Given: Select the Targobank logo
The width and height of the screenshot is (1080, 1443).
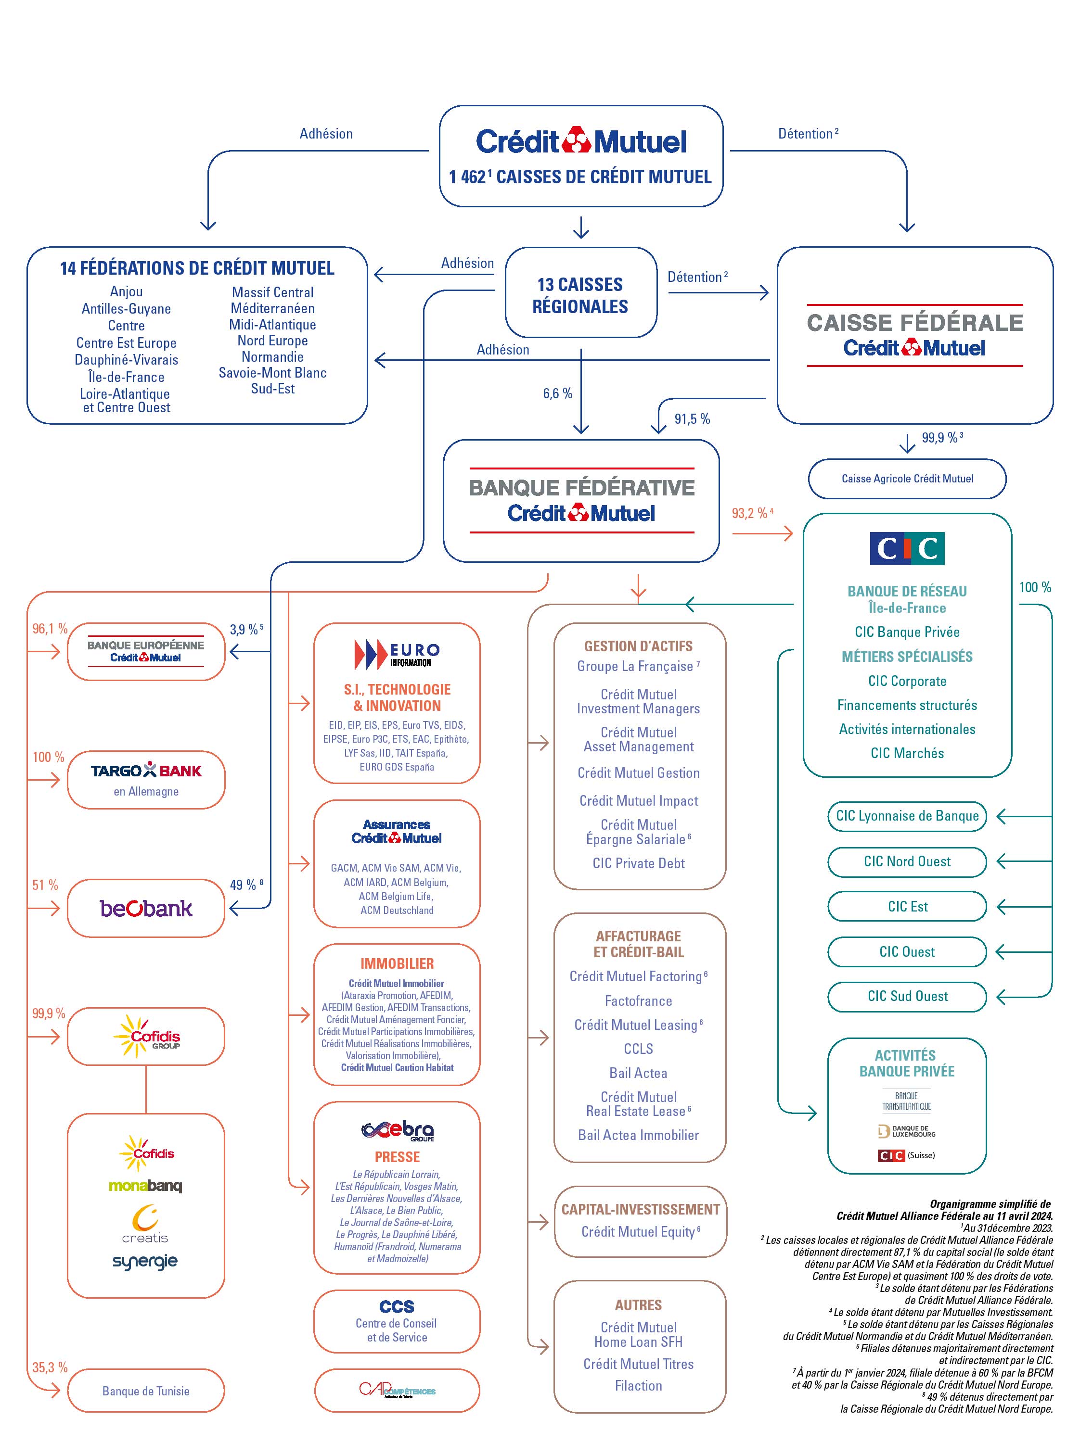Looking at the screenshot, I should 146,771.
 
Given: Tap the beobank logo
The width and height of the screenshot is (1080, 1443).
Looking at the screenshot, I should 146,908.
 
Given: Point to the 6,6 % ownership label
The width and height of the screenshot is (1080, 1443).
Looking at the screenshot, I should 557,393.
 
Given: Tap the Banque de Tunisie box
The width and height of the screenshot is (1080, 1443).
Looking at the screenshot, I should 146,1391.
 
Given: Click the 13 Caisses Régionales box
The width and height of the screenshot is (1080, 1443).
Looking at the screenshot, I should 580,295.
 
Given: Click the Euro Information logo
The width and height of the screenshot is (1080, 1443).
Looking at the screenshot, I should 397,654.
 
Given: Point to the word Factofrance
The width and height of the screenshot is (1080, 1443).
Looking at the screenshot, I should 638,1000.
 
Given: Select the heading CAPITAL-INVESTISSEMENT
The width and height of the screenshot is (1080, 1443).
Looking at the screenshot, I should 640,1209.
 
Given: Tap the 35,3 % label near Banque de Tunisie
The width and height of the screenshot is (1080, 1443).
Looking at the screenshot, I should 50,1367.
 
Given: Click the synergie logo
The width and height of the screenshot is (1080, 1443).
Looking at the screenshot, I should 145,1261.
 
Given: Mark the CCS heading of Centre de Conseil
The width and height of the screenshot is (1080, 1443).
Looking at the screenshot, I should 396,1307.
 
